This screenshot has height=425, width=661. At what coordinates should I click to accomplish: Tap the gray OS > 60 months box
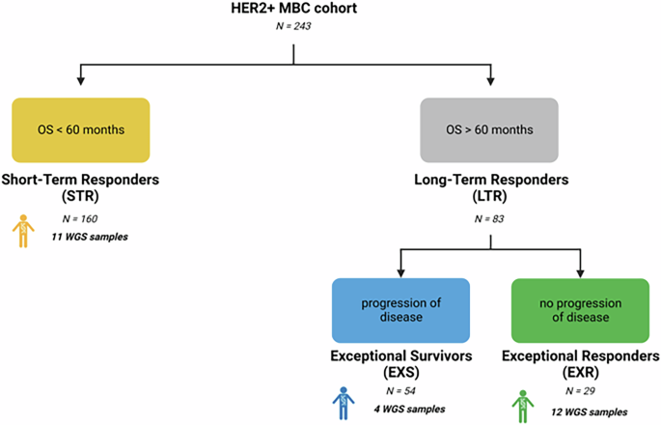491,129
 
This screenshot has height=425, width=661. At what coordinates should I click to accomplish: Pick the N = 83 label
492,219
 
